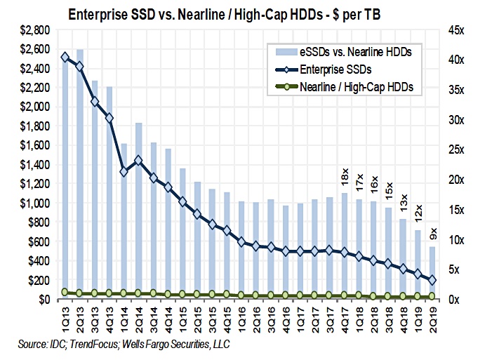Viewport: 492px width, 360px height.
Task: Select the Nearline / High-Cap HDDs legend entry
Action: click(354, 87)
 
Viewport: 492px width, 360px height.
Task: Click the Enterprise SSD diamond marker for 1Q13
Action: click(65, 57)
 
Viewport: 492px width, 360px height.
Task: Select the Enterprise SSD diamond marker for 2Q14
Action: click(139, 161)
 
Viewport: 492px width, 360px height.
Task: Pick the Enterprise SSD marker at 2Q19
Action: click(433, 280)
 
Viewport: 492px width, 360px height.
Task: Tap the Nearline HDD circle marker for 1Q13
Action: click(65, 292)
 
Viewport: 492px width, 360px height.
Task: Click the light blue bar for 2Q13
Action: click(80, 175)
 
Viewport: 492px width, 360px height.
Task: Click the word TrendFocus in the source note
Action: click(89, 345)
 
